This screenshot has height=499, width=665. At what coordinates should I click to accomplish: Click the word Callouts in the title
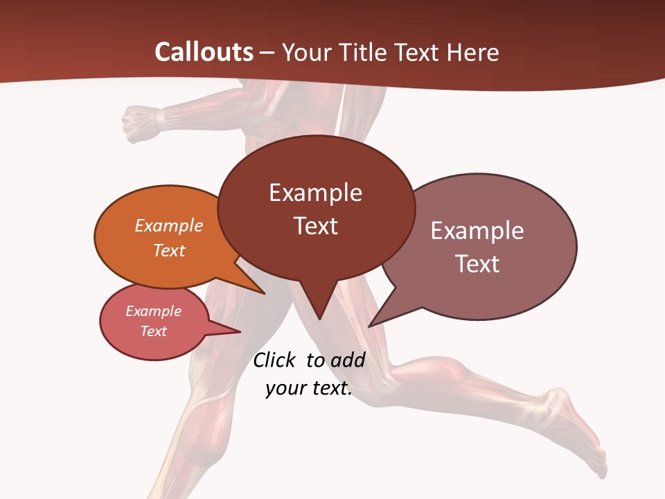pyautogui.click(x=204, y=52)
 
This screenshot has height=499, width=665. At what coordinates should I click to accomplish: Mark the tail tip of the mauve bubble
pyautogui.click(x=370, y=326)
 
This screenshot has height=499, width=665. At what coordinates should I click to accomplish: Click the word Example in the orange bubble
pyautogui.click(x=169, y=225)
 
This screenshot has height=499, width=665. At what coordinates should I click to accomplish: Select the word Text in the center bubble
pyautogui.click(x=316, y=226)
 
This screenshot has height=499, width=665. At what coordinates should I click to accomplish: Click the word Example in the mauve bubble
pyautogui.click(x=477, y=231)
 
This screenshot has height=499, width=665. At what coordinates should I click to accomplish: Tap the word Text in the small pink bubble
pyautogui.click(x=154, y=331)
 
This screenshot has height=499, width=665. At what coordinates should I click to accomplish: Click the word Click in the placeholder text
pyautogui.click(x=275, y=360)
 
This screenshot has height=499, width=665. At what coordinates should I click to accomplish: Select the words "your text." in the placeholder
pyautogui.click(x=309, y=388)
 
